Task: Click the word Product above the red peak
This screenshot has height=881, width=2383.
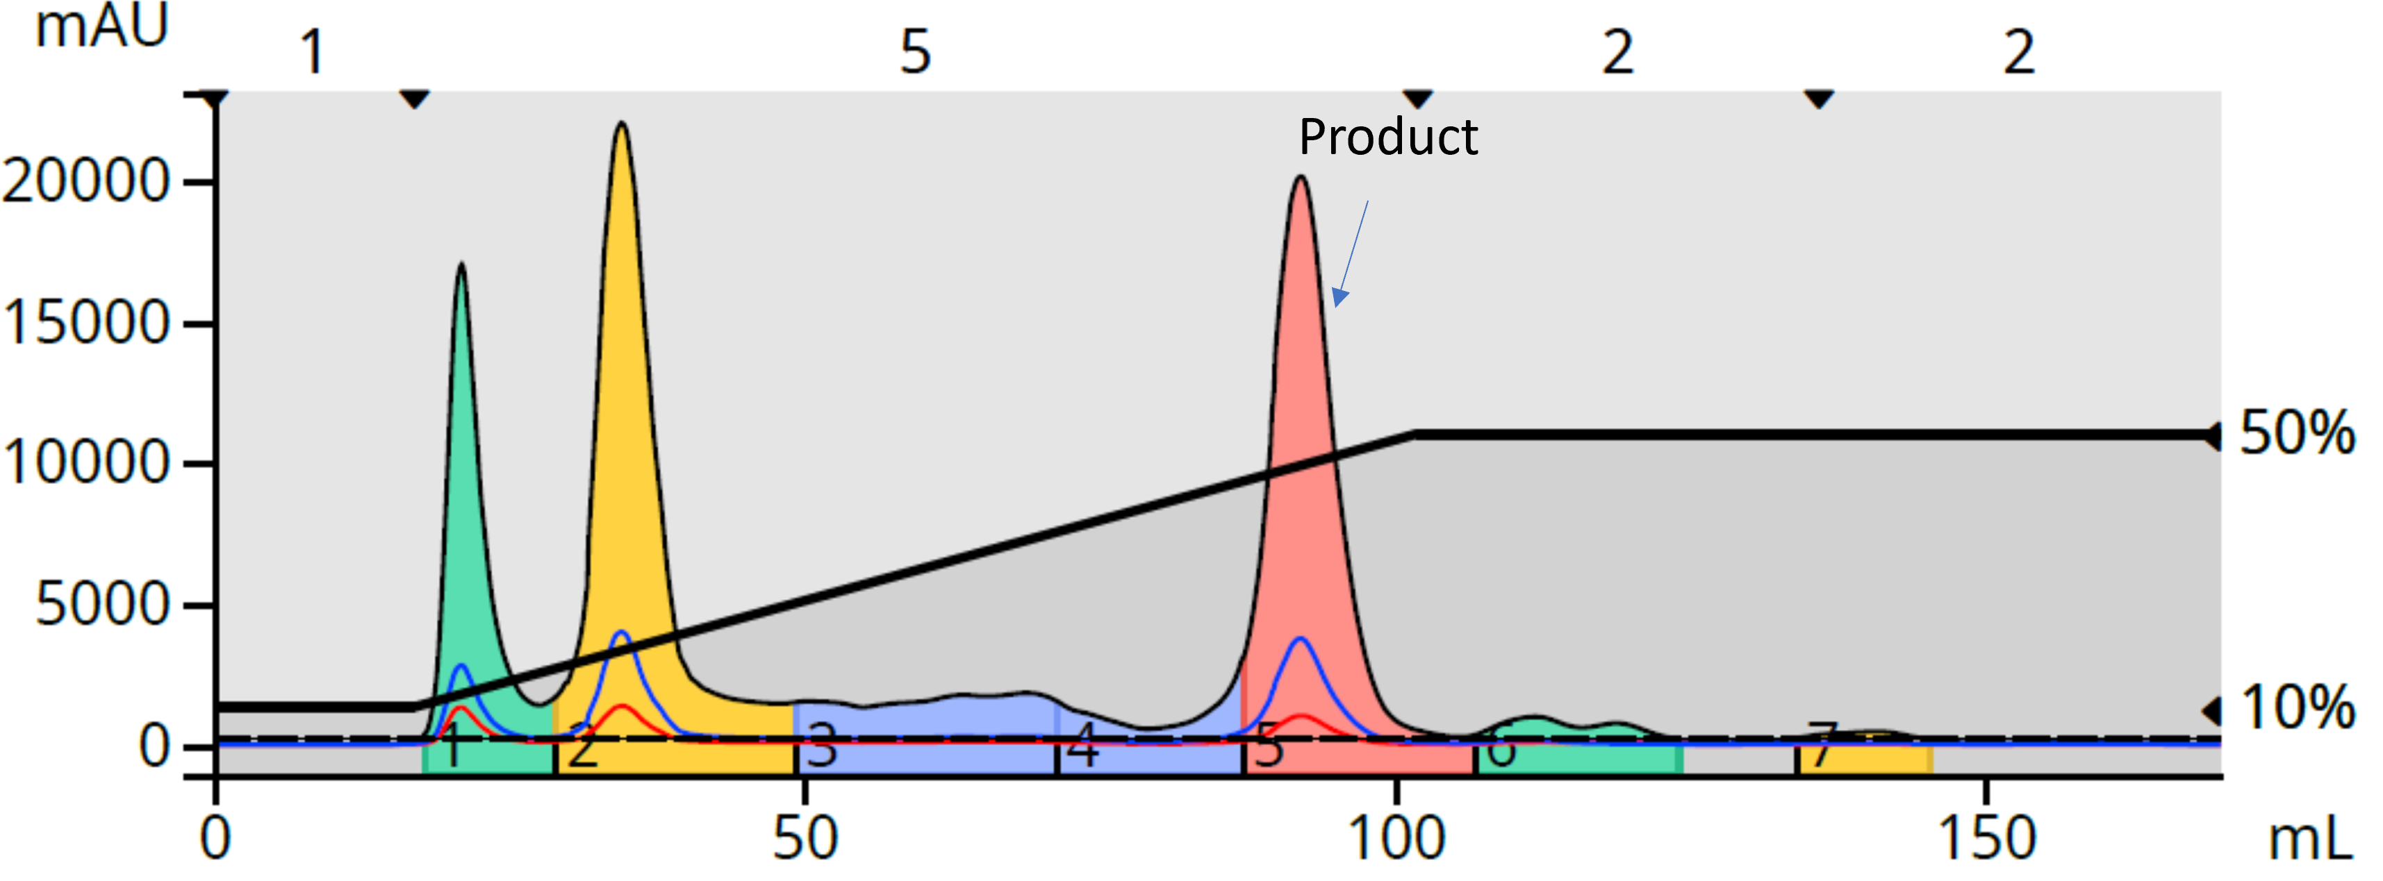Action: tap(1387, 137)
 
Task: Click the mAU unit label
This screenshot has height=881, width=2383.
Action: tap(101, 26)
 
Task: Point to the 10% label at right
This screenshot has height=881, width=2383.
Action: tap(2297, 708)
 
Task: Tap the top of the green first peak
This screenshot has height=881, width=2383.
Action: tap(461, 265)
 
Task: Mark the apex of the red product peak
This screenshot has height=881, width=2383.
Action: tap(1301, 178)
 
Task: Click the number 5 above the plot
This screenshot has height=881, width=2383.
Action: tap(915, 52)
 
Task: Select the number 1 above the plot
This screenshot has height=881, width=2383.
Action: tap(313, 52)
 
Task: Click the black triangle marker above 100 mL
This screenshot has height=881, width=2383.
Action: tap(1418, 99)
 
